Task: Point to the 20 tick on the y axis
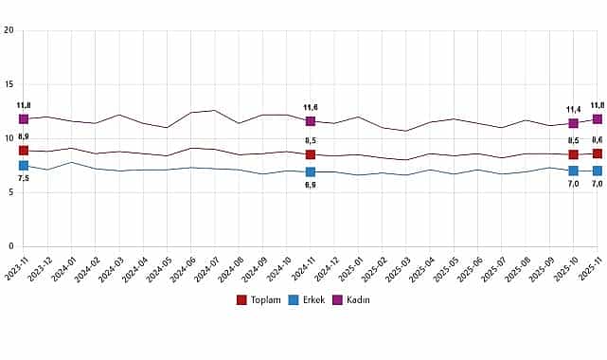[9, 30]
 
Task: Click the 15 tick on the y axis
[9, 84]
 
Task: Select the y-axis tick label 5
[9, 191]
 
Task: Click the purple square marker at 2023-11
[23, 119]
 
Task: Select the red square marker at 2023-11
[23, 151]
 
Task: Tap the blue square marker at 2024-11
[311, 171]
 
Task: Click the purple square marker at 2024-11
[311, 121]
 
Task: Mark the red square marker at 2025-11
[598, 153]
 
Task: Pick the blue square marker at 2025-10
[574, 171]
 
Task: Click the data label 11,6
[311, 108]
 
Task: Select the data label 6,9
[311, 185]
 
